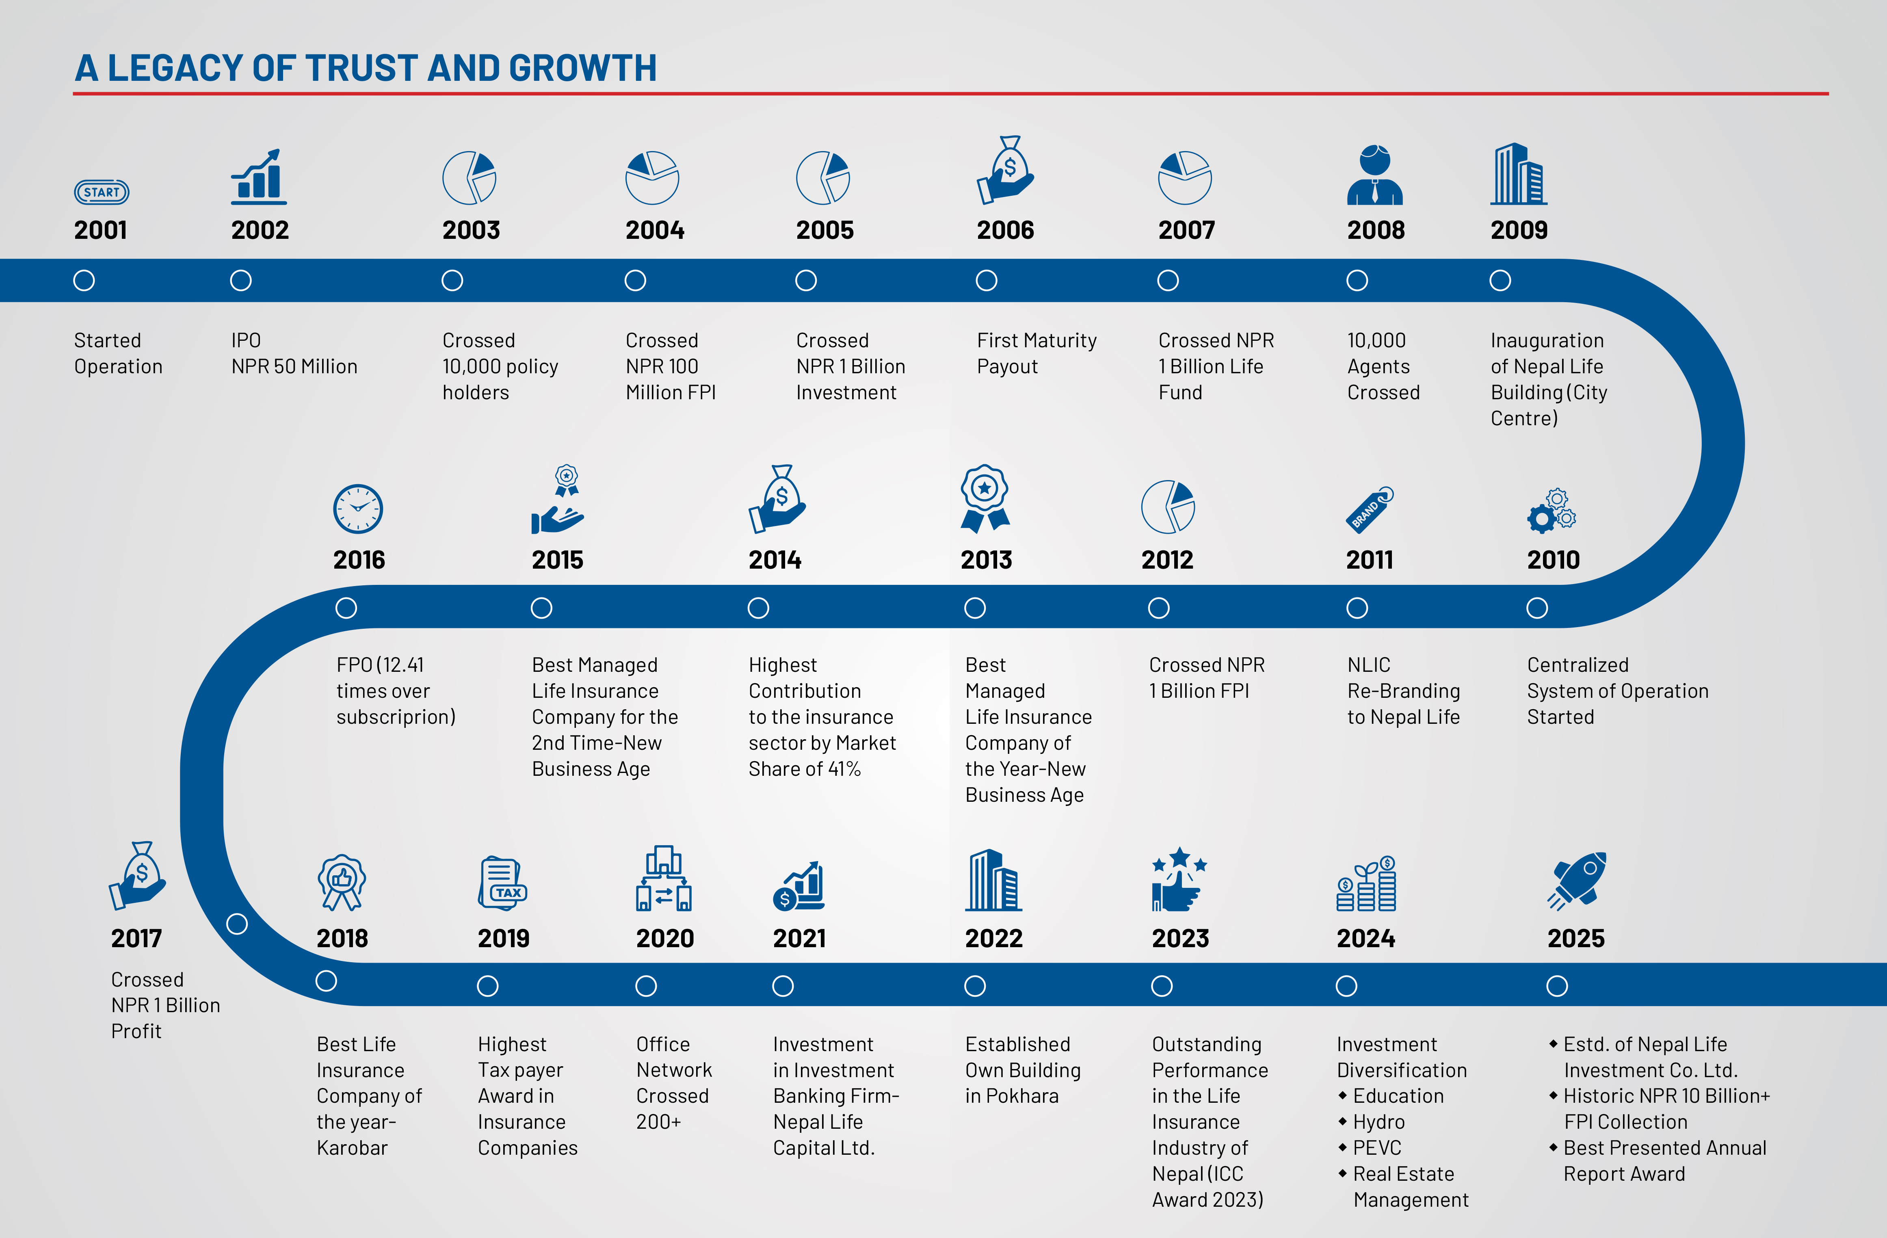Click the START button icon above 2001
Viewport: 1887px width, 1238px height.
(x=102, y=192)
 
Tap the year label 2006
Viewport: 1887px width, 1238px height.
(x=1005, y=230)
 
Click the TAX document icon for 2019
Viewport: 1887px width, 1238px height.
(x=503, y=883)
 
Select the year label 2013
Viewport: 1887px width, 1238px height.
(x=986, y=560)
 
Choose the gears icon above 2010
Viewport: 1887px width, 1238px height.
(x=1552, y=510)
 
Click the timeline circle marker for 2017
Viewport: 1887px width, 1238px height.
(x=237, y=924)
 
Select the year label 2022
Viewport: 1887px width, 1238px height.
(x=993, y=938)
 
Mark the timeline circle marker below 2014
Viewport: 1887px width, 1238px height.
(x=758, y=608)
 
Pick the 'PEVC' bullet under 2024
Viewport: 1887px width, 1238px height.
(x=1376, y=1147)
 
